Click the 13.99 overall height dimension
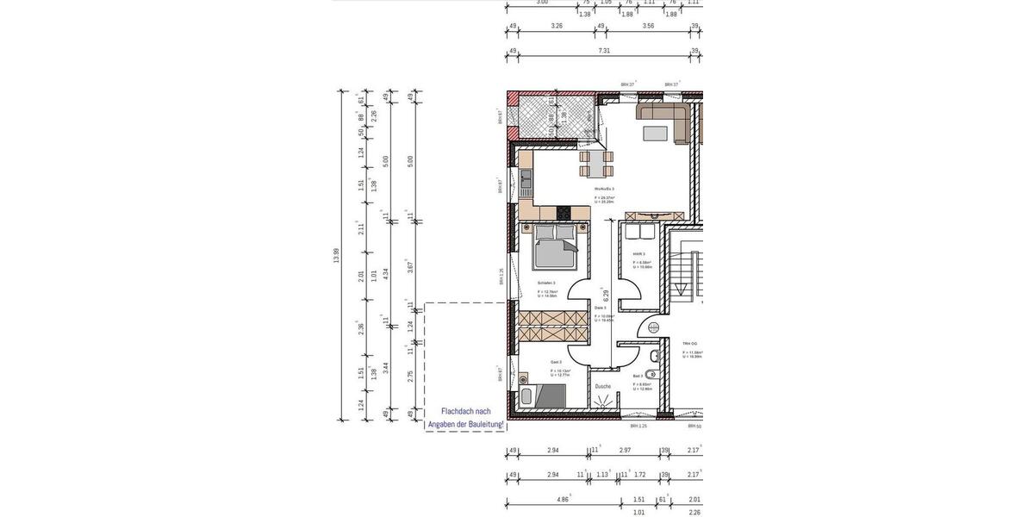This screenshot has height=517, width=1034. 336,256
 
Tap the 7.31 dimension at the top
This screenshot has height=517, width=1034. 604,51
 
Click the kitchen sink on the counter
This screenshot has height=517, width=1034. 525,179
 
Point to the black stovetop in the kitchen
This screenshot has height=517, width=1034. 564,213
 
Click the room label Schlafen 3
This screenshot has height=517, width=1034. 546,283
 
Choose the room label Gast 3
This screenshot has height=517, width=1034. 556,362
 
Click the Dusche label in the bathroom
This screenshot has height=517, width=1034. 602,386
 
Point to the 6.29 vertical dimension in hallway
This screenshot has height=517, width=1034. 606,294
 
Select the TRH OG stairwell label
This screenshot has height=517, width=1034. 689,342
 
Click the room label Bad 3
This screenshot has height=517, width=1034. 637,376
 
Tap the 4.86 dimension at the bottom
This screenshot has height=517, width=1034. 563,499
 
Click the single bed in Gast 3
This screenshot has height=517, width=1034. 544,396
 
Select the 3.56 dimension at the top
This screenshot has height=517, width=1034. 648,26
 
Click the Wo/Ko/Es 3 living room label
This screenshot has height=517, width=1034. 603,188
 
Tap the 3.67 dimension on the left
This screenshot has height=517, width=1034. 410,267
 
